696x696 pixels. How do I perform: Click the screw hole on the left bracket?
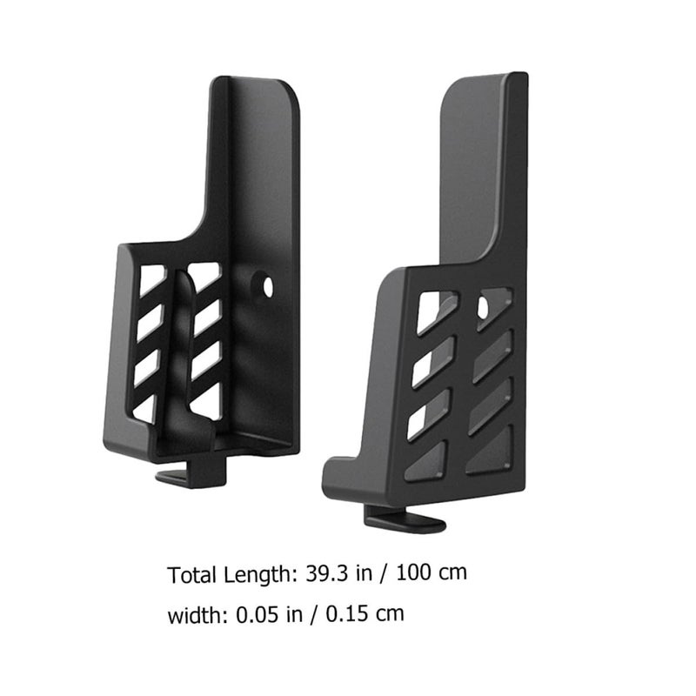click(x=268, y=288)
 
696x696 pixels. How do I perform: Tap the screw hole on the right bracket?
click(x=483, y=307)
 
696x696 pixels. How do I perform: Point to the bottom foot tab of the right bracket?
click(x=404, y=519)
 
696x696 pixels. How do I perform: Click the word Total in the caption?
click(x=192, y=575)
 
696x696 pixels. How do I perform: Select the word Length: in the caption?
click(x=260, y=575)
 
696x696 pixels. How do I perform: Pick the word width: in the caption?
click(x=197, y=615)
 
